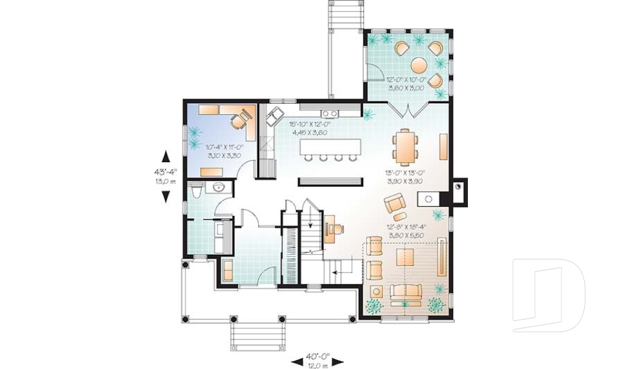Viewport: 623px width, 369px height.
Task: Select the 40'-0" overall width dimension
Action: [x=318, y=356]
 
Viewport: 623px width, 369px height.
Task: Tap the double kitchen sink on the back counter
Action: [x=329, y=114]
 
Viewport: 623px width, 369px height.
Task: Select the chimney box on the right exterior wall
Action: [x=459, y=191]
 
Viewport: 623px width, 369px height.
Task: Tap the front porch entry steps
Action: [x=259, y=335]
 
